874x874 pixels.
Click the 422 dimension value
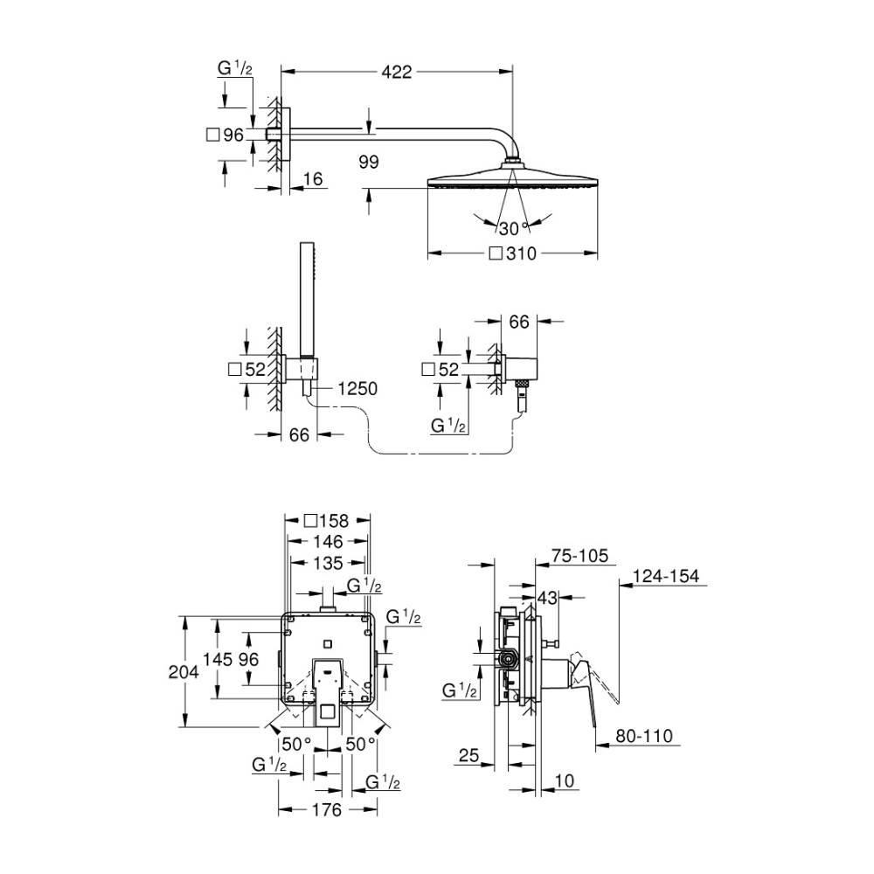click(x=396, y=72)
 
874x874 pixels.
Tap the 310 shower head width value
click(x=521, y=253)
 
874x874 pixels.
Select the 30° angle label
click(x=512, y=228)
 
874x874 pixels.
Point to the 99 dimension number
click(x=369, y=163)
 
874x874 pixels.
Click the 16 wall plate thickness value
click(x=313, y=179)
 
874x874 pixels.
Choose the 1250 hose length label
click(x=357, y=389)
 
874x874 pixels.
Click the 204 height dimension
click(x=184, y=672)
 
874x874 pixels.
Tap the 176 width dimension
click(x=327, y=810)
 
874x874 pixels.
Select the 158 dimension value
click(x=334, y=521)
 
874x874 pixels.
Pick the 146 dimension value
click(x=328, y=541)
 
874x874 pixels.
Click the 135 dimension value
click(x=328, y=563)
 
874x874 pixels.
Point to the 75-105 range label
click(x=579, y=556)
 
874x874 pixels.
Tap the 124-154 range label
click(x=666, y=576)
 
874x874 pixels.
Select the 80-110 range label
click(x=644, y=736)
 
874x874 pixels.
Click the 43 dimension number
click(x=547, y=598)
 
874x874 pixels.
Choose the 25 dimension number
click(x=468, y=755)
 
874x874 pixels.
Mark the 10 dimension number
click(x=565, y=780)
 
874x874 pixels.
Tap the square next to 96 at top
click(x=212, y=135)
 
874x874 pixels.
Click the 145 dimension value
click(x=218, y=659)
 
